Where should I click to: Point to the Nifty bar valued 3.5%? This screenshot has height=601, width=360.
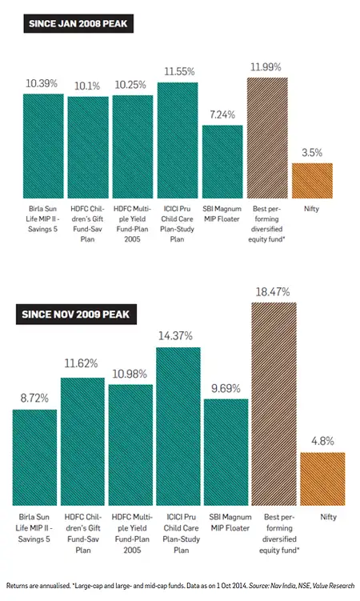(312, 180)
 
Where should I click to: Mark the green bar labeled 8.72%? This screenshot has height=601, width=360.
(34, 457)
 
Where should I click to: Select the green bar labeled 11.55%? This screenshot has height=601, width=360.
(177, 140)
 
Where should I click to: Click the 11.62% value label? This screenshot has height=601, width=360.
(82, 367)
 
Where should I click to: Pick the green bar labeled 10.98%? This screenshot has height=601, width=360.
(130, 444)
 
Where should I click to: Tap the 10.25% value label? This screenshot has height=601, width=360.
(132, 85)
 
